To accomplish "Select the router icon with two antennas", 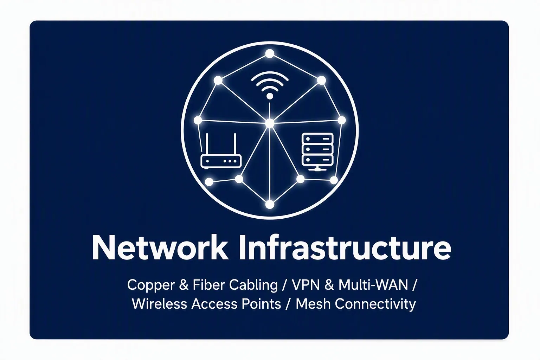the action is [x=221, y=150].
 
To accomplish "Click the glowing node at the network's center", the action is [x=270, y=123].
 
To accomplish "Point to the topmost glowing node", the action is [x=270, y=53].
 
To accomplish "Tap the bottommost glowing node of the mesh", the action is [x=270, y=205].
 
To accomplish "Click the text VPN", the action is [x=306, y=285].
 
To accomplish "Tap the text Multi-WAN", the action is [x=373, y=285].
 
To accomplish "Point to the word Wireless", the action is [x=160, y=304].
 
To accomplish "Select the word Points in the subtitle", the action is [x=261, y=304].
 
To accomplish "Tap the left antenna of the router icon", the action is [x=207, y=145].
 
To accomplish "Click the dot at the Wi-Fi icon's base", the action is [x=270, y=96].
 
